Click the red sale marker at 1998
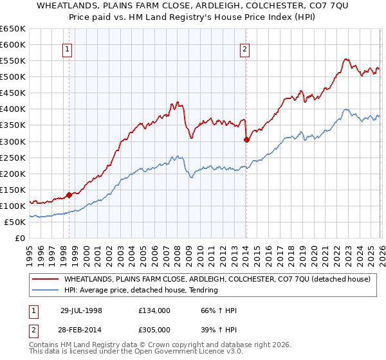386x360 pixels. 69,195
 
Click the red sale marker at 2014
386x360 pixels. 246,139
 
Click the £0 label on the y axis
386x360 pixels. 21,238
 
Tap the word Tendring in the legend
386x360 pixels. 203,291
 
